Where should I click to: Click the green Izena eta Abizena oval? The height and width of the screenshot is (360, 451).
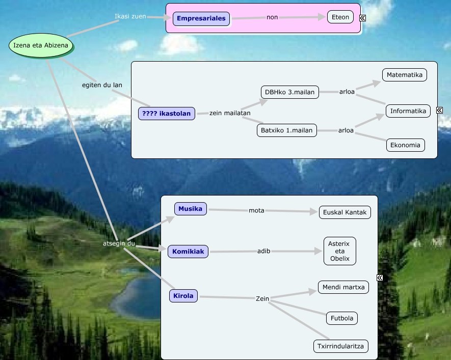41,46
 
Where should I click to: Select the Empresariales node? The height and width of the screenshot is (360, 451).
201,18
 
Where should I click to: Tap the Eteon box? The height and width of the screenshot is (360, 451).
340,17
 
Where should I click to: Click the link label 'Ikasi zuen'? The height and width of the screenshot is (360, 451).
130,16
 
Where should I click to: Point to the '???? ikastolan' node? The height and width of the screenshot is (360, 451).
167,113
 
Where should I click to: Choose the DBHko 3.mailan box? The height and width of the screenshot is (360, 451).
289,92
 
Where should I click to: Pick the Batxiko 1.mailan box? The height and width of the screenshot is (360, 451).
286,130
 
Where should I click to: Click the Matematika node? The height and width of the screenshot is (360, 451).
405,75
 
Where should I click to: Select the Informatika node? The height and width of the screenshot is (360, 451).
408,110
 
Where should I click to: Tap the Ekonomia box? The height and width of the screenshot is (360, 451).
405,145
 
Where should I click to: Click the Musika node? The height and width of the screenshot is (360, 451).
190,209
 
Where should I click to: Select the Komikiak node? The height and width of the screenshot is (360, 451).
188,252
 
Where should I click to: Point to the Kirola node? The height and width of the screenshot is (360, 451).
183,295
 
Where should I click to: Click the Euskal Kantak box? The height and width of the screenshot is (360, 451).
344,212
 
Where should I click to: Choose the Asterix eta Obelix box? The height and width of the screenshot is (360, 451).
339,251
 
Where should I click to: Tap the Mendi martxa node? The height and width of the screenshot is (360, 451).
343,287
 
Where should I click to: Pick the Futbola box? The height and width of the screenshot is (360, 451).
341,318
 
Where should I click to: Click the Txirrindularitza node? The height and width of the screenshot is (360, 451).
340,346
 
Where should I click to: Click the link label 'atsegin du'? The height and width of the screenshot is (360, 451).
119,243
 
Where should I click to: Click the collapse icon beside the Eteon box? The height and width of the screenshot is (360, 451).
362,18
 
